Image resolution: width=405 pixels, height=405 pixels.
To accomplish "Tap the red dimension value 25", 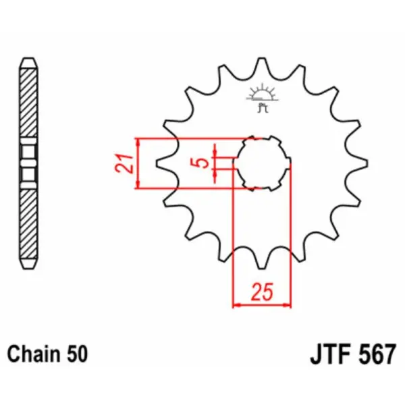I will pyautogui.click(x=262, y=292).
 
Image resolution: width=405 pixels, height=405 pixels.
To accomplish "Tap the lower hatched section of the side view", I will pyautogui.click(x=28, y=223).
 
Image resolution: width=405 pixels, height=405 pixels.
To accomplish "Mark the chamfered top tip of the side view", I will pyautogui.click(x=28, y=62).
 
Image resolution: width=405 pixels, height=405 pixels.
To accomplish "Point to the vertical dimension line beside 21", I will pyautogui.click(x=138, y=163).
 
